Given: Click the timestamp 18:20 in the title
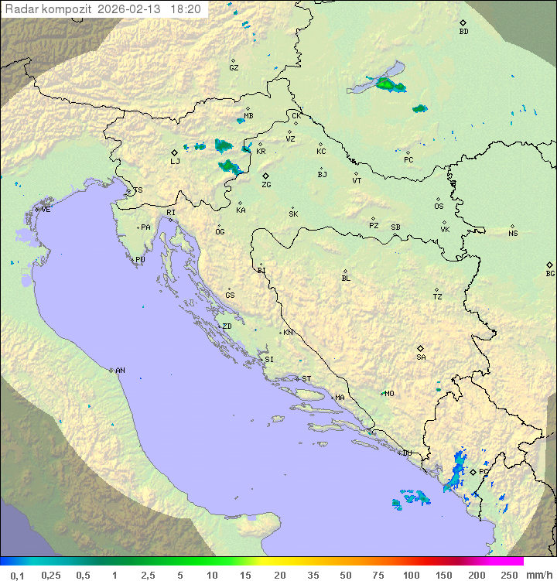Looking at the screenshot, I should [x=185, y=9].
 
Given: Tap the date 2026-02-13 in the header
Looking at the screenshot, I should [x=131, y=9].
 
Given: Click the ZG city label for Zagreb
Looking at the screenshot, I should [x=266, y=185].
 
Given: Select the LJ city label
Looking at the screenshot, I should [x=175, y=162].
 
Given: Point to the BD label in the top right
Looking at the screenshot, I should [x=463, y=32].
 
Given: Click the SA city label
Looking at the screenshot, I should [x=421, y=357].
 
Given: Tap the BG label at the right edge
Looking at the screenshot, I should [x=550, y=273].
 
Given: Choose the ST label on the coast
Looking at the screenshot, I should [x=306, y=379].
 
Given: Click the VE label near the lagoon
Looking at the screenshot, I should [x=46, y=210].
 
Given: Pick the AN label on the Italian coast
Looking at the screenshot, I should [x=120, y=371].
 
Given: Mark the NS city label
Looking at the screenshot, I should [x=513, y=234].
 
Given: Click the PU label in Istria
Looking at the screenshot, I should [x=140, y=260].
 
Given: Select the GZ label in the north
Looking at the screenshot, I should [x=234, y=68].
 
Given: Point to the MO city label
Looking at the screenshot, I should [x=389, y=394].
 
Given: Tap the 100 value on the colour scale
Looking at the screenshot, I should [x=411, y=575].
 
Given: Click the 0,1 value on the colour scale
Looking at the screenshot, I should [x=17, y=575].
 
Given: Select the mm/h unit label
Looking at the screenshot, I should [x=537, y=575].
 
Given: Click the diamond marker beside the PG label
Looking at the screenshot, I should [x=473, y=472].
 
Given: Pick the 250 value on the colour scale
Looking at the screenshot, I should [x=509, y=575].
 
